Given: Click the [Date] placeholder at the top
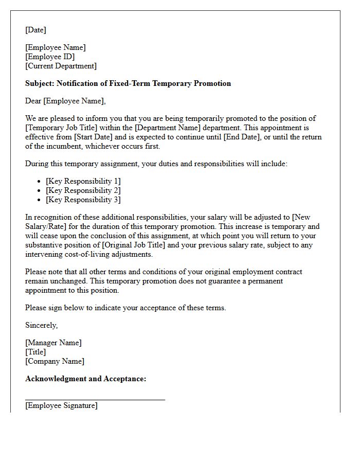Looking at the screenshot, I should pos(35,30).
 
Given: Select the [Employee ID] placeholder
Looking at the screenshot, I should pos(50,57).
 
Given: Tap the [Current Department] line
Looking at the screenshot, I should pos(61,66).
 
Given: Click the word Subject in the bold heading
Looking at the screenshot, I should pos(39,83).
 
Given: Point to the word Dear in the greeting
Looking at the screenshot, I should pos(33,101).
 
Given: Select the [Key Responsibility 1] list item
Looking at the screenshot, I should pos(83,181).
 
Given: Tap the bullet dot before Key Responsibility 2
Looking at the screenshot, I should pos(40,191).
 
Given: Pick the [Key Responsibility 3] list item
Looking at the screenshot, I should pos(83,200).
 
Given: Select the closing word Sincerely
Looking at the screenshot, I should pos(41,325).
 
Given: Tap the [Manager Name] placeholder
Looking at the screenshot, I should pos(53,343).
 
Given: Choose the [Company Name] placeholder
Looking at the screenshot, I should pos(55,361).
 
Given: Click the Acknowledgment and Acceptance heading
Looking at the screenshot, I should pos(86,379).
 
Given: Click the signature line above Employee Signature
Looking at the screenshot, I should pos(95,399).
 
